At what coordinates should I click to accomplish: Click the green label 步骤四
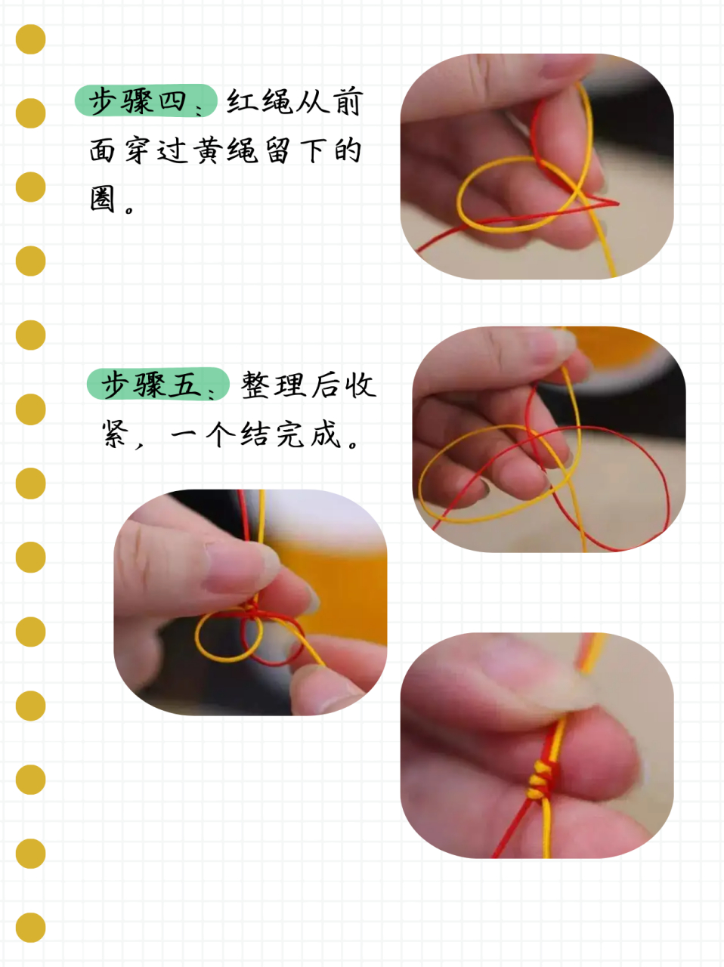coord(146,100)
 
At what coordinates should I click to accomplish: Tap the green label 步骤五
coord(158,384)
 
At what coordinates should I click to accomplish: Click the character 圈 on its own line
coord(103,198)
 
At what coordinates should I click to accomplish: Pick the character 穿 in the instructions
coord(139,150)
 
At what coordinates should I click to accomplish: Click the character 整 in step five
coord(255,385)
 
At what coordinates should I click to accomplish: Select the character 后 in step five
coord(326,385)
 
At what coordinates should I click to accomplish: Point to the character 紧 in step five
coord(116,434)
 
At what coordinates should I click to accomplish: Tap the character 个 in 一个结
coord(221,434)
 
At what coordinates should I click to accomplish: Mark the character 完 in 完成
coord(291,434)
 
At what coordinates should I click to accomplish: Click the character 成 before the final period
coord(326,434)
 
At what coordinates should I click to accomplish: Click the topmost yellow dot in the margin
coord(31,39)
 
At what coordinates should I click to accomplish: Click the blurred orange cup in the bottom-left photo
coord(335,590)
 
